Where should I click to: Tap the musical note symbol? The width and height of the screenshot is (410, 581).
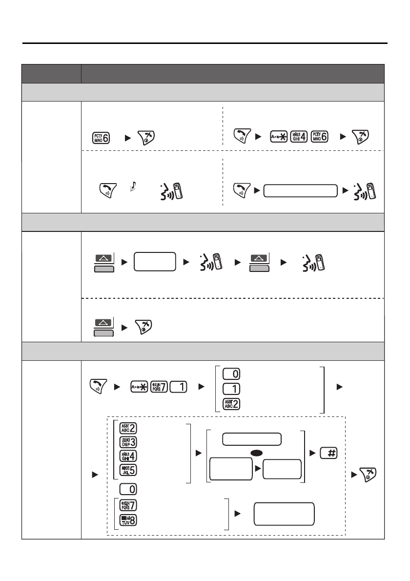[135, 186]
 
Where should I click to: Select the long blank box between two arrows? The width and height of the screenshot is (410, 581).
[300, 191]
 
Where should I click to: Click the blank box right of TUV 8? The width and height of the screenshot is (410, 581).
[284, 514]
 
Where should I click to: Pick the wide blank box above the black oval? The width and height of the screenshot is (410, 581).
[251, 439]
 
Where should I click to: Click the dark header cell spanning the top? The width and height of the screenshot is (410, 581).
[232, 74]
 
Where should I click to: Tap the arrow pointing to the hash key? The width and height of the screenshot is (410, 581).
[312, 454]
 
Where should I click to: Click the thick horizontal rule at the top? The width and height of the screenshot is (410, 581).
[205, 43]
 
